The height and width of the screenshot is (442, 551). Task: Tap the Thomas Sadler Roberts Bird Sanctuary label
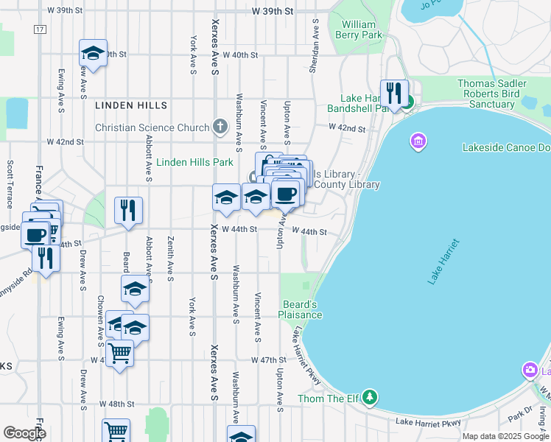point(491,94)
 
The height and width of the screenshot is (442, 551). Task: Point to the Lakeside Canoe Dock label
point(506,147)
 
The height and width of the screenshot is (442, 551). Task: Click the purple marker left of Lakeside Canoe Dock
point(418,140)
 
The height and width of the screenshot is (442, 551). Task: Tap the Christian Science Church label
point(152,127)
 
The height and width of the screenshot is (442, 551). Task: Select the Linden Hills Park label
point(194,162)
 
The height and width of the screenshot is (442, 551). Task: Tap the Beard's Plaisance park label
point(300,309)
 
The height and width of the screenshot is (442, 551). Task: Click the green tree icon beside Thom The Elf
point(371,399)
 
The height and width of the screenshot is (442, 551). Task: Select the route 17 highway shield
point(40,29)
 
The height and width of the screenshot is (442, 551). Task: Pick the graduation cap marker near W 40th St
point(94,53)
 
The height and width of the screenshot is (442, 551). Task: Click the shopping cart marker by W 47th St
point(119,353)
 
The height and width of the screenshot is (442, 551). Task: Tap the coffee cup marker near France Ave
point(35,235)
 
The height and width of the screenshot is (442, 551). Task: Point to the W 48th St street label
point(118,404)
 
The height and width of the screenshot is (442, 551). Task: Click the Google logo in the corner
point(24,433)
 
